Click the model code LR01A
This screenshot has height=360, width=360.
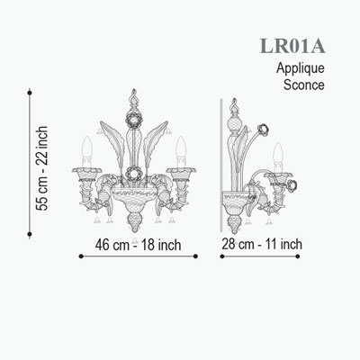point(292,46)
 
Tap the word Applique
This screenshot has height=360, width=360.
point(301,69)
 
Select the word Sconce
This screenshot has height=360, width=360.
point(304,85)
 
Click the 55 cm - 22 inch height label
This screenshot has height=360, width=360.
point(41,168)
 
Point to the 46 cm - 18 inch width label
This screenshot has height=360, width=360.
point(138,245)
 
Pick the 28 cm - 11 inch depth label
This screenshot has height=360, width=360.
point(262,244)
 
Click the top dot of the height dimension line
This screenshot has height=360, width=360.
point(30,93)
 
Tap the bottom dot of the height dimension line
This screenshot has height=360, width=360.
point(30,234)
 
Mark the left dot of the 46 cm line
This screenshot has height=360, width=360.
point(81,256)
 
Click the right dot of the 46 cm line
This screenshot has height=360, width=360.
point(195,256)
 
